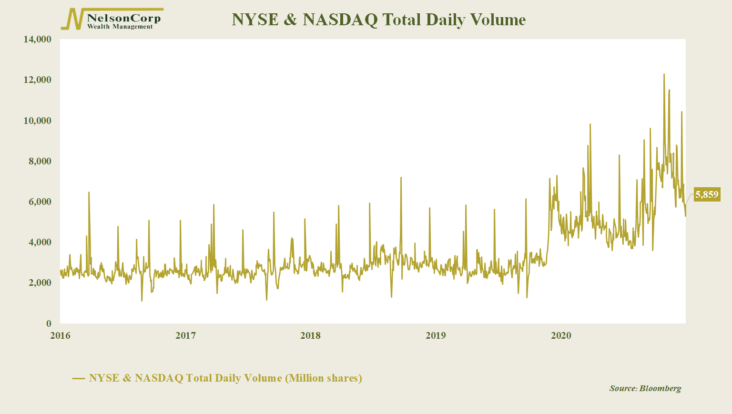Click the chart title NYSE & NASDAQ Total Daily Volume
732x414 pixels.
378,20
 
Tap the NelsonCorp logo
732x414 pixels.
112,20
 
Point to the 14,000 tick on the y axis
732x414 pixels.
37,40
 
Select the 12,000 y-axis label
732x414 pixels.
37,80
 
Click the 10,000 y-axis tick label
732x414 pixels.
37,121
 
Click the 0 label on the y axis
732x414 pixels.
49,324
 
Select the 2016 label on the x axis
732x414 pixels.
60,336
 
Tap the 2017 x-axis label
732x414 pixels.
185,336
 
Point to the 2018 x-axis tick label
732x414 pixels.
310,336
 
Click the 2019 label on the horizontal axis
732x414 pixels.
436,336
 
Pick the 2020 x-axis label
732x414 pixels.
561,336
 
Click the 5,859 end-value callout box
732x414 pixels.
706,194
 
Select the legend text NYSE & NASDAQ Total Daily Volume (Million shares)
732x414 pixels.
225,378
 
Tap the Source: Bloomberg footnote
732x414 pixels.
645,388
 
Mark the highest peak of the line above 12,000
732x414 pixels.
664,75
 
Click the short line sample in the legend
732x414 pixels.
79,379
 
